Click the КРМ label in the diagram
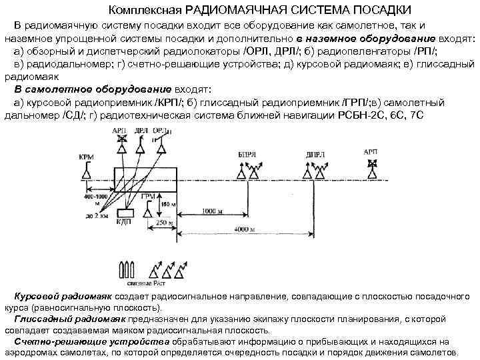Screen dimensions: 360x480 (x=86, y=157)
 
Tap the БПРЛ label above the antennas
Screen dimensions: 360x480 (x=245, y=154)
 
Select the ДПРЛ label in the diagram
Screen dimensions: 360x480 (x=315, y=155)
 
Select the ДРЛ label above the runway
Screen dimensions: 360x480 (x=141, y=131)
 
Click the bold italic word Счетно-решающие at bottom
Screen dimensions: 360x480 (x=52, y=342)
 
